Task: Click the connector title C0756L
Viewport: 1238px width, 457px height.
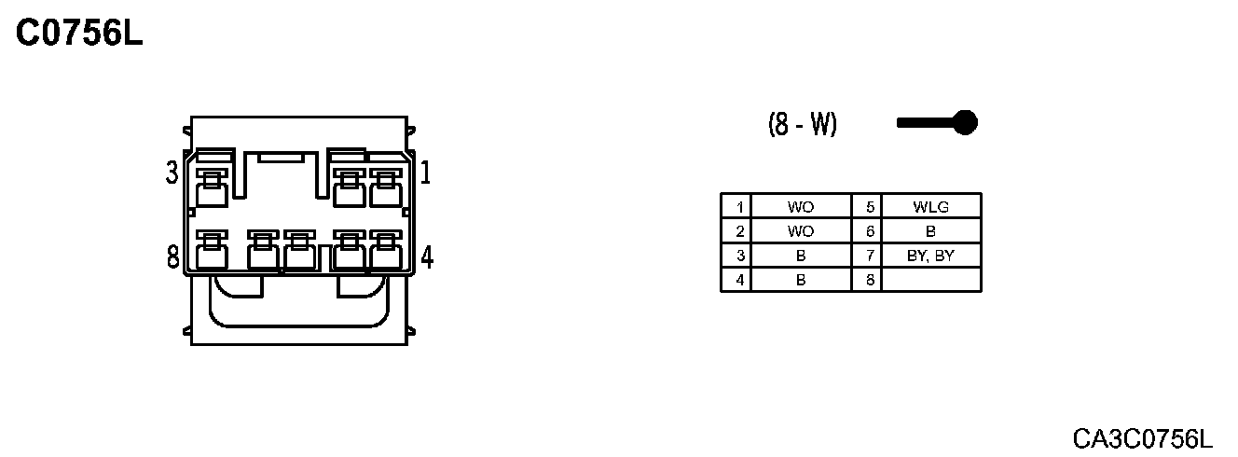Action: coord(80,34)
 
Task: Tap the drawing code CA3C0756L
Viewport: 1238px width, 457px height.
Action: coord(1142,437)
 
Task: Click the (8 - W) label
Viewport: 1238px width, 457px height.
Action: coord(802,124)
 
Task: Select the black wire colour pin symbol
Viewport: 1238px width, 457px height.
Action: coord(937,122)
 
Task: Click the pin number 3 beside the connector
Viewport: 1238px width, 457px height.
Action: coord(172,173)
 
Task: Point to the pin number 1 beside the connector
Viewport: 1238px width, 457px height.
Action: coord(425,173)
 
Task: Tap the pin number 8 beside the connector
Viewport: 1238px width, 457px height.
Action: coord(172,256)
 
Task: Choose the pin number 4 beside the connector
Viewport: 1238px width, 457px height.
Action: coord(427,256)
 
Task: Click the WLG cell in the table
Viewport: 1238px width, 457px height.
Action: coord(930,207)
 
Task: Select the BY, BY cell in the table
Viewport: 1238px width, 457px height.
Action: coord(930,256)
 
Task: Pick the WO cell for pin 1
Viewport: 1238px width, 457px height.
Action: coord(800,207)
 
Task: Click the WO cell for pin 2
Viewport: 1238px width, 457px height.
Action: coord(800,231)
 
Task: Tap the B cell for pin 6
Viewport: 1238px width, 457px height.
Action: coord(930,231)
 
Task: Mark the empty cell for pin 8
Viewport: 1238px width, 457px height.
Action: coord(930,279)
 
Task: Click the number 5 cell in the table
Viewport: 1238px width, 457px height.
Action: coord(867,207)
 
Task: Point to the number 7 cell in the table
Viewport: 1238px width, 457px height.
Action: coord(867,256)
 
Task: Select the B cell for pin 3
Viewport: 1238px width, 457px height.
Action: coord(800,256)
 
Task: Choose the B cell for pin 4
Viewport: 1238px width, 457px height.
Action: coord(800,279)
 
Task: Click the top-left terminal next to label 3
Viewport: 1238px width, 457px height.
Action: coord(213,190)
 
